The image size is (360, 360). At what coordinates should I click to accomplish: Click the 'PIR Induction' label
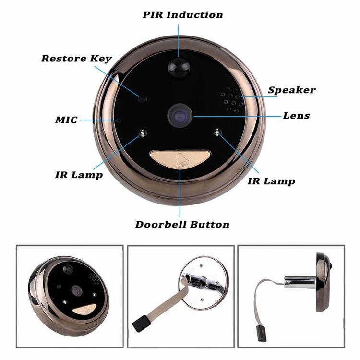point(182,14)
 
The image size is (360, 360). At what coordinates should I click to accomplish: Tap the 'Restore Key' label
point(76,59)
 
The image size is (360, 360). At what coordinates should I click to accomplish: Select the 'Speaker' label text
point(291,90)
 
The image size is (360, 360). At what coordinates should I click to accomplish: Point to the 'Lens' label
point(296,116)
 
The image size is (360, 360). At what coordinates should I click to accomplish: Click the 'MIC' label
point(66,120)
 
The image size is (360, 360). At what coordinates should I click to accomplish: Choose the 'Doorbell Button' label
point(182,224)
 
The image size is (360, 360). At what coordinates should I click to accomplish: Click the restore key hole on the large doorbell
point(142,99)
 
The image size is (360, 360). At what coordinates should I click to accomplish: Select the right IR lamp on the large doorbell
point(218,132)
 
